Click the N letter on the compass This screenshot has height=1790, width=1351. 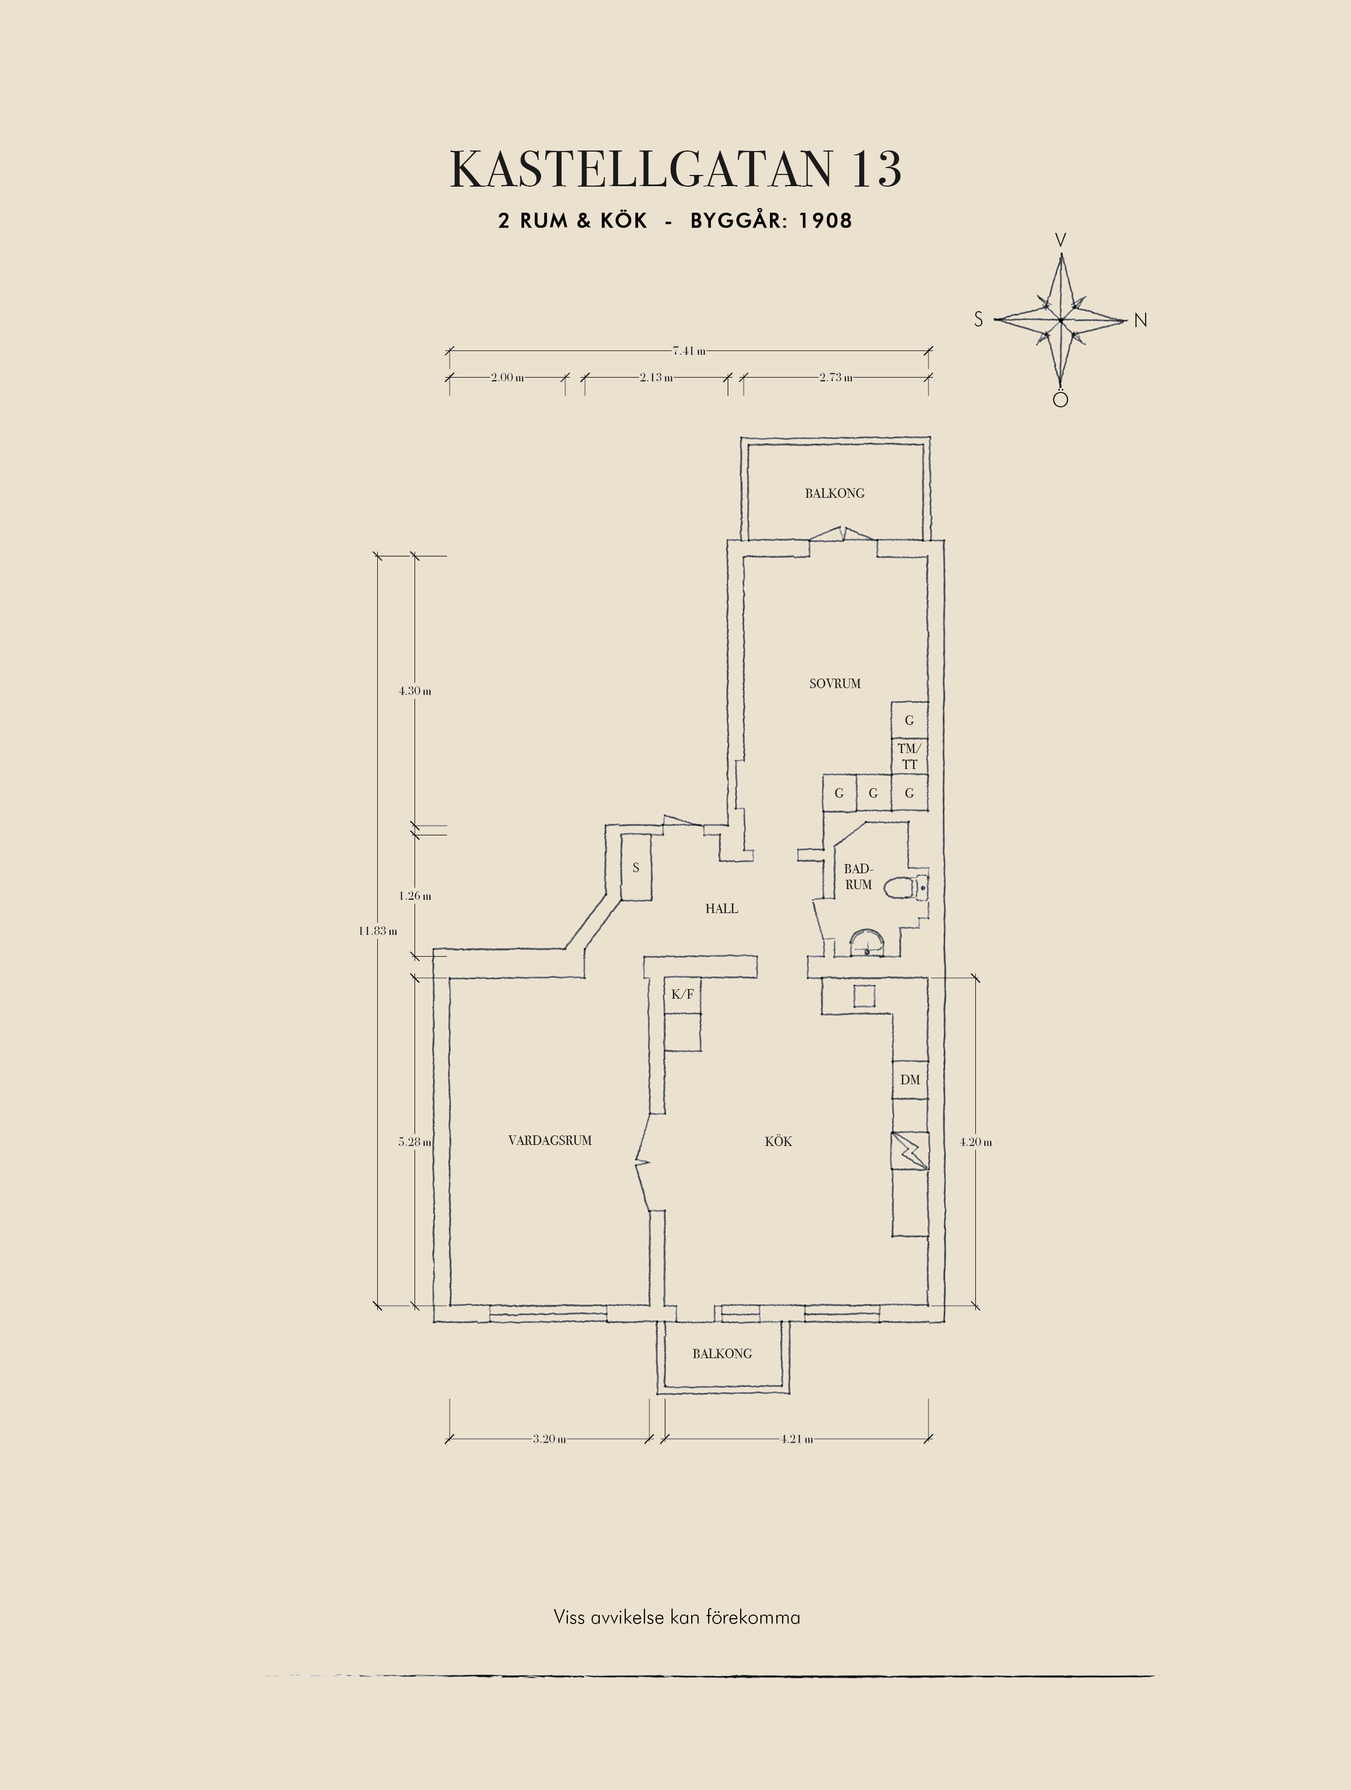1140,321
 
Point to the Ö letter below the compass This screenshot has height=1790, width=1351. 1060,398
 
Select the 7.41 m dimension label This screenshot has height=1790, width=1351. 689,351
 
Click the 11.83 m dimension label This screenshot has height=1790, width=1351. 378,931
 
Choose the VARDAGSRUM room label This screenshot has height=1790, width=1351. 550,1140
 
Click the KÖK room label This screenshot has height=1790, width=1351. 778,1141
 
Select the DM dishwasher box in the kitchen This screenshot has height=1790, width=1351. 910,1080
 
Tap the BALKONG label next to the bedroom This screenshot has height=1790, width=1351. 834,493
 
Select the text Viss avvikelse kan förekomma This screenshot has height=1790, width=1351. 677,1617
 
